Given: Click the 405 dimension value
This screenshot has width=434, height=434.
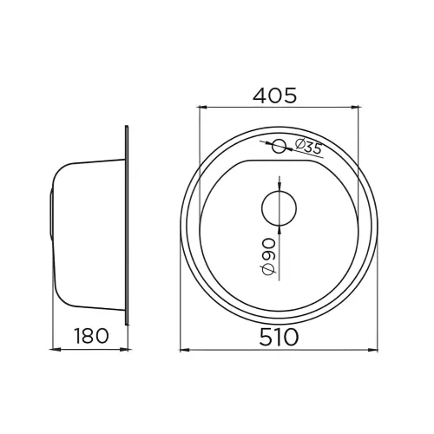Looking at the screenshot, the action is click(x=275, y=95).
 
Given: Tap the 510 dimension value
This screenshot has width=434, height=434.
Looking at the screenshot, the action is click(x=279, y=337).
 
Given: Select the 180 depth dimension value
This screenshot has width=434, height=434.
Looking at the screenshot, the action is click(x=92, y=336).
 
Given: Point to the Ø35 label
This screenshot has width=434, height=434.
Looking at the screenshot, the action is click(x=308, y=147).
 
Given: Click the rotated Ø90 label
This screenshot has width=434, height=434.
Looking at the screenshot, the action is click(x=268, y=256).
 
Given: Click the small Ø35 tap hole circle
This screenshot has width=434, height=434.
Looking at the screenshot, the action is click(x=279, y=146).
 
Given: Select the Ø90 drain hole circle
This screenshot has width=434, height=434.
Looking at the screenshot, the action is click(x=279, y=208).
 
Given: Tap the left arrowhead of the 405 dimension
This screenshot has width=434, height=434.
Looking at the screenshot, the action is click(x=202, y=108).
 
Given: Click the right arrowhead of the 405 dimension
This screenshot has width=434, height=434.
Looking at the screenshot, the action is click(x=354, y=108).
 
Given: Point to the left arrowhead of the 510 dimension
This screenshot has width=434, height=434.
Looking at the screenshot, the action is click(x=185, y=351).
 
